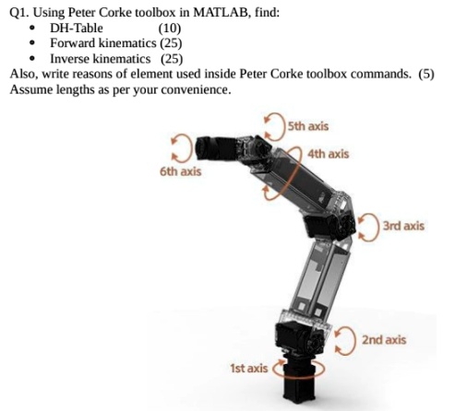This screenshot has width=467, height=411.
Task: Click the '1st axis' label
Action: (248, 368)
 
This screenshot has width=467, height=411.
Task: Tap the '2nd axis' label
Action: (384, 340)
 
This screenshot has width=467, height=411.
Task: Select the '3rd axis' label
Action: (403, 225)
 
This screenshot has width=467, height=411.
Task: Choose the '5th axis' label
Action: (307, 125)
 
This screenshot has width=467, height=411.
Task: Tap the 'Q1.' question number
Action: (18, 12)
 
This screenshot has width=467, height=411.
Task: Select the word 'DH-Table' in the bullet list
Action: (77, 28)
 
